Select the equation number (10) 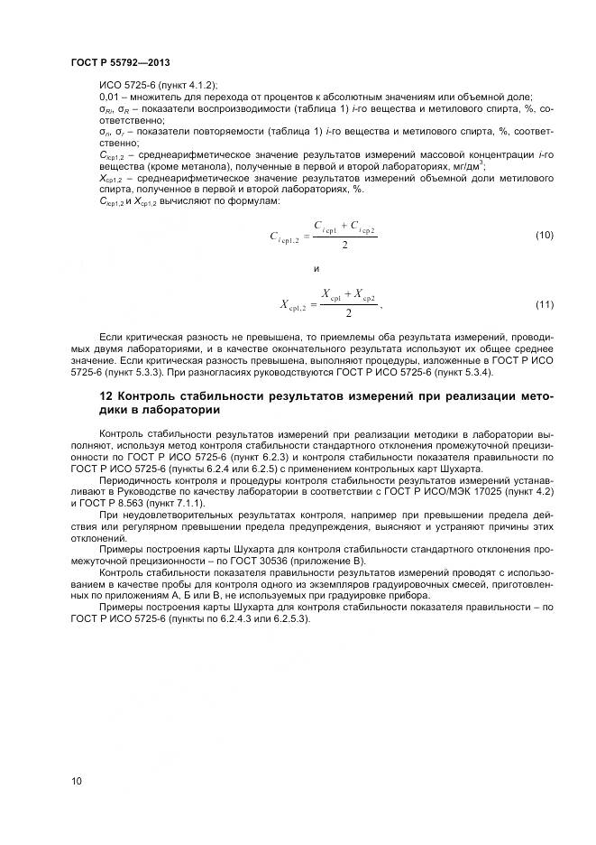544,236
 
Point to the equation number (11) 544,304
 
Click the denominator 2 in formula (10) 345,245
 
